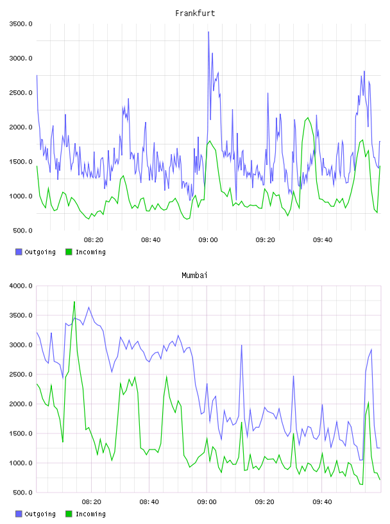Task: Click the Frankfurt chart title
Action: (195, 13)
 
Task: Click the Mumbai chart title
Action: (194, 275)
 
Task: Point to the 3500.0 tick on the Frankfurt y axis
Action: (21, 24)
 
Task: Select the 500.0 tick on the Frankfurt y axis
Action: (22, 231)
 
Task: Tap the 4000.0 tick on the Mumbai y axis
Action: (21, 286)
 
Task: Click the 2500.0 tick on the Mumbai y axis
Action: (21, 374)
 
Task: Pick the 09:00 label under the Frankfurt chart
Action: (208, 240)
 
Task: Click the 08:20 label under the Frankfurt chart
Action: (94, 240)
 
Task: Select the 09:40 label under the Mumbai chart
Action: (322, 502)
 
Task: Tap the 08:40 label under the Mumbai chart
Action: (149, 502)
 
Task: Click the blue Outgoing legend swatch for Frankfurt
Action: (19, 252)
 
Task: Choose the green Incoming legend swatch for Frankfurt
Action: (69, 252)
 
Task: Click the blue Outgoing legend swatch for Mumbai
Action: (19, 514)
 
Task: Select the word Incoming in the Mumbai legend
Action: (90, 514)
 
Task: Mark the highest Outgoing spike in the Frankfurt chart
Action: (208, 32)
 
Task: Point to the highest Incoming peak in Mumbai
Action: (74, 302)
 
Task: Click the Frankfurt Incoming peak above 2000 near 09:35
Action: (307, 118)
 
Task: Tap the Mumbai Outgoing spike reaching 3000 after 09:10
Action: (241, 345)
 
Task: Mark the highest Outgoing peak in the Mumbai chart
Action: (89, 307)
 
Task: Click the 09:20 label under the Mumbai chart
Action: (264, 502)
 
